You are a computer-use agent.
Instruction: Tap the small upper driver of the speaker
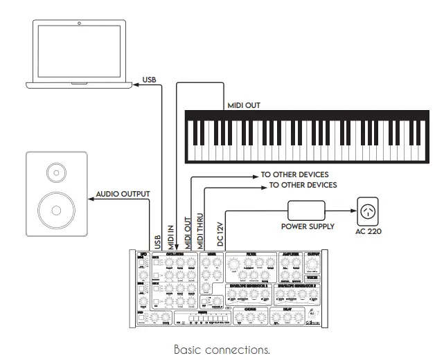pyautogui.click(x=53, y=170)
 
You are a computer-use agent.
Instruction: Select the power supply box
pyautogui.click(x=306, y=209)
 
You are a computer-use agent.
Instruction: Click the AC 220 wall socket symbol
pyautogui.click(x=369, y=208)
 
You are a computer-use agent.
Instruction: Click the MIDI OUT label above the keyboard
pyautogui.click(x=245, y=106)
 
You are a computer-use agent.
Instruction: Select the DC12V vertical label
pyautogui.click(x=221, y=234)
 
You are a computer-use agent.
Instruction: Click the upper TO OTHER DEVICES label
pyautogui.click(x=294, y=174)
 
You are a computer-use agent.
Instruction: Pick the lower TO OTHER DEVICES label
pyautogui.click(x=303, y=185)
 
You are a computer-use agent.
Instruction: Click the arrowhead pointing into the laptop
pyautogui.click(x=136, y=84)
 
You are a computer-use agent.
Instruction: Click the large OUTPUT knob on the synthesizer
pyautogui.click(x=314, y=265)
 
